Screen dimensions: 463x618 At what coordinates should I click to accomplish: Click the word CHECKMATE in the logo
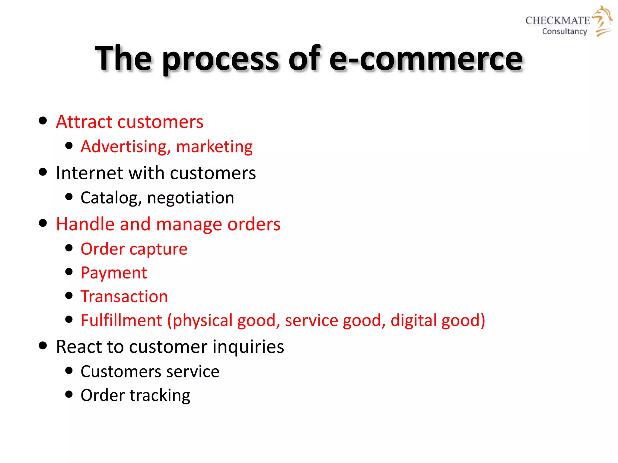557,20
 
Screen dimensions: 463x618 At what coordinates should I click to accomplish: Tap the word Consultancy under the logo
564,31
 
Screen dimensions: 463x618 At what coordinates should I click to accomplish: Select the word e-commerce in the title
426,58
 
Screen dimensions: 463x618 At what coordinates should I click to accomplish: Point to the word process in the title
221,59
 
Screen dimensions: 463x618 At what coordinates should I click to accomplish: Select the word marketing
214,147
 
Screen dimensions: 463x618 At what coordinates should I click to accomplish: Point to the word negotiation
190,198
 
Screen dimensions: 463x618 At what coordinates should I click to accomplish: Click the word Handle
85,224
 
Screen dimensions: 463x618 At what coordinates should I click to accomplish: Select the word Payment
114,273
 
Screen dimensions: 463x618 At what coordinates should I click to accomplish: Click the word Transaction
124,297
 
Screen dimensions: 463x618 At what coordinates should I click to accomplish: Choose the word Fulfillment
121,320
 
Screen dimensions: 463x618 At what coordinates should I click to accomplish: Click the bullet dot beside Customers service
69,370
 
